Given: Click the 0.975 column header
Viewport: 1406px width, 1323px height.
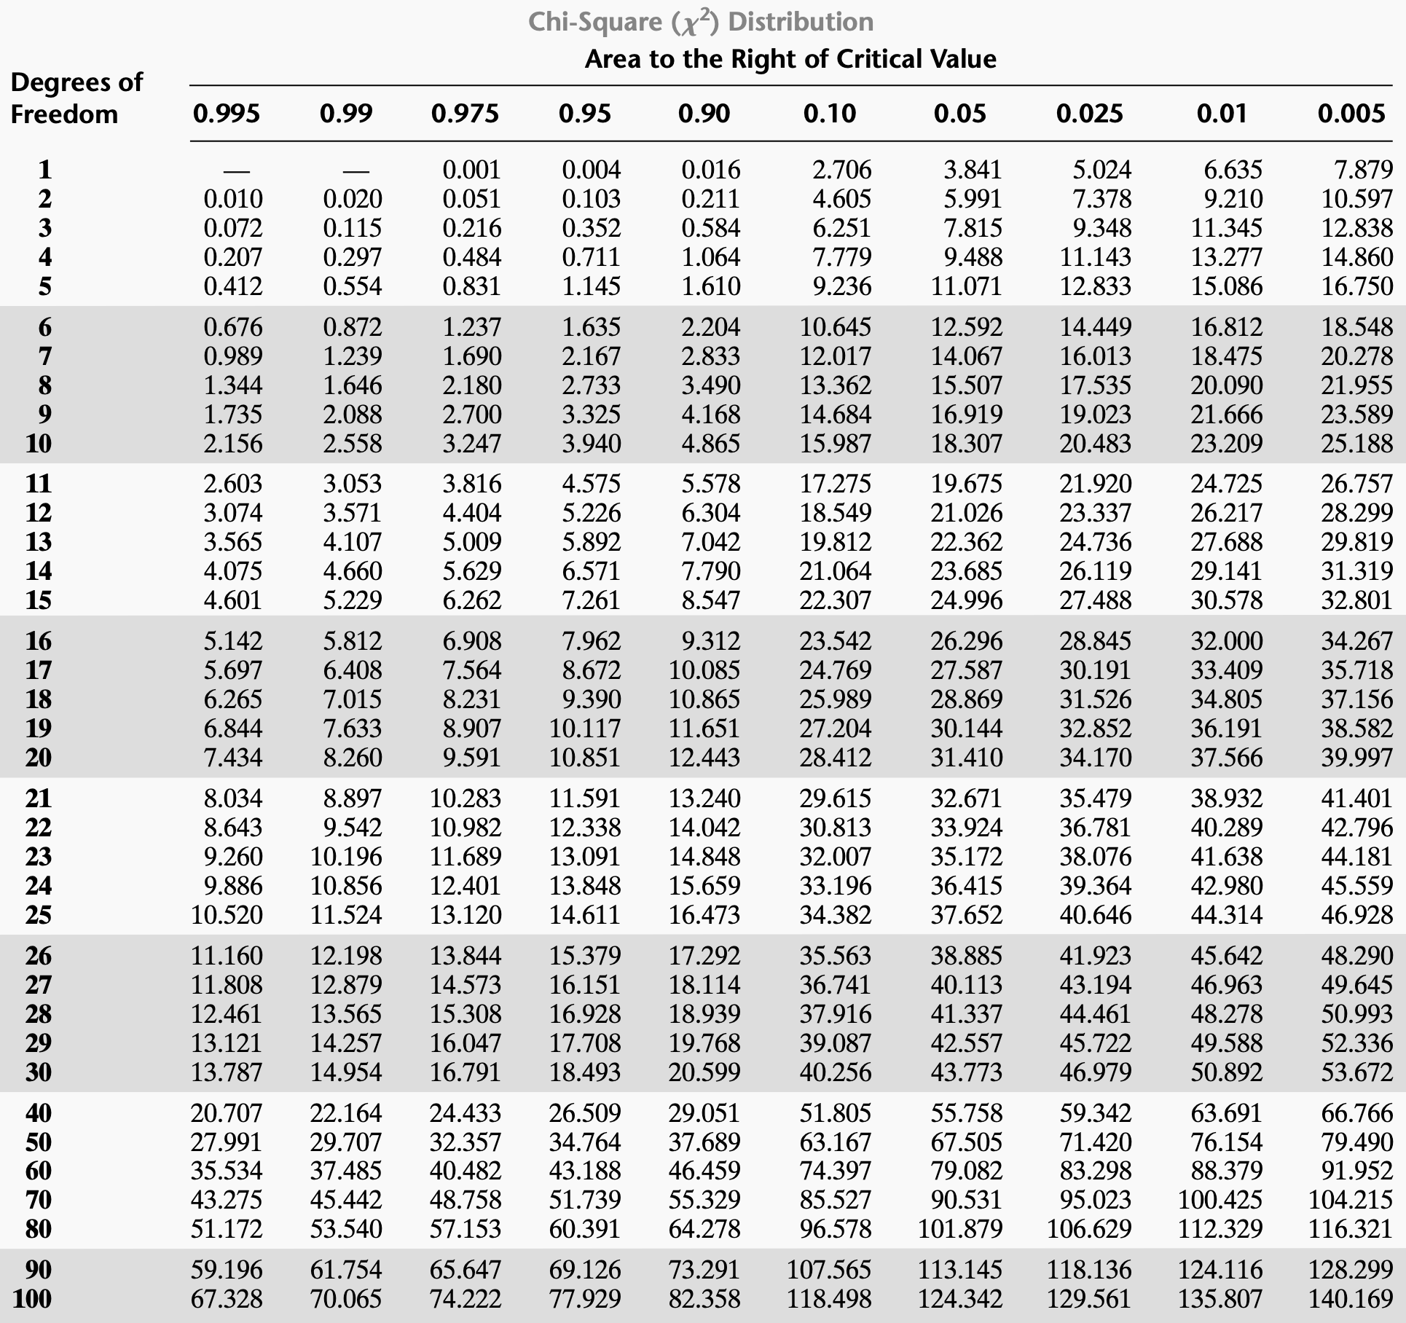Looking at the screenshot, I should coord(465,114).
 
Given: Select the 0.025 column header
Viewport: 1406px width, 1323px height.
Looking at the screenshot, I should coord(1089,114).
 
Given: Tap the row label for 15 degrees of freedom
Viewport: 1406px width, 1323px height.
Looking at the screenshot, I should coord(39,600).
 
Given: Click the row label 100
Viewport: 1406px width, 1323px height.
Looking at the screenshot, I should coord(32,1298).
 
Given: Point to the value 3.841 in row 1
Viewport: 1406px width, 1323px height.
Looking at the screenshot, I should coord(973,170).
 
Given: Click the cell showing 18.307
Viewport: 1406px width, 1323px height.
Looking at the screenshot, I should coord(966,443).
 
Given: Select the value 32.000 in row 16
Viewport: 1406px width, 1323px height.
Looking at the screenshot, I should coord(1226,641).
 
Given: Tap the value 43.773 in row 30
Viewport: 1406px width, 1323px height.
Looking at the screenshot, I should coord(966,1072).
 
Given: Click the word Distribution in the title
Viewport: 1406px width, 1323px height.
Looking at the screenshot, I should coord(800,22).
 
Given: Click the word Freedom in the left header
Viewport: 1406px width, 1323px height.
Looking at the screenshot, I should coord(64,114).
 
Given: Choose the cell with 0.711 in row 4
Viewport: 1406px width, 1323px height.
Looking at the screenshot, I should coord(591,257).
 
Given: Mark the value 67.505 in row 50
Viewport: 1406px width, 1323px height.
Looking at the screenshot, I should coord(966,1142).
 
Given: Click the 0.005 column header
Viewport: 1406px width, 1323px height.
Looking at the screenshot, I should coord(1351,114).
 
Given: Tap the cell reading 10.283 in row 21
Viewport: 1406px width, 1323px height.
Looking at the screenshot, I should coord(465,798).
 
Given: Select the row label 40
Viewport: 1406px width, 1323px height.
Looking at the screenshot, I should coord(39,1112).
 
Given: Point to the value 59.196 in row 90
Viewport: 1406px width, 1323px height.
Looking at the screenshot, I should coord(227,1269).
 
